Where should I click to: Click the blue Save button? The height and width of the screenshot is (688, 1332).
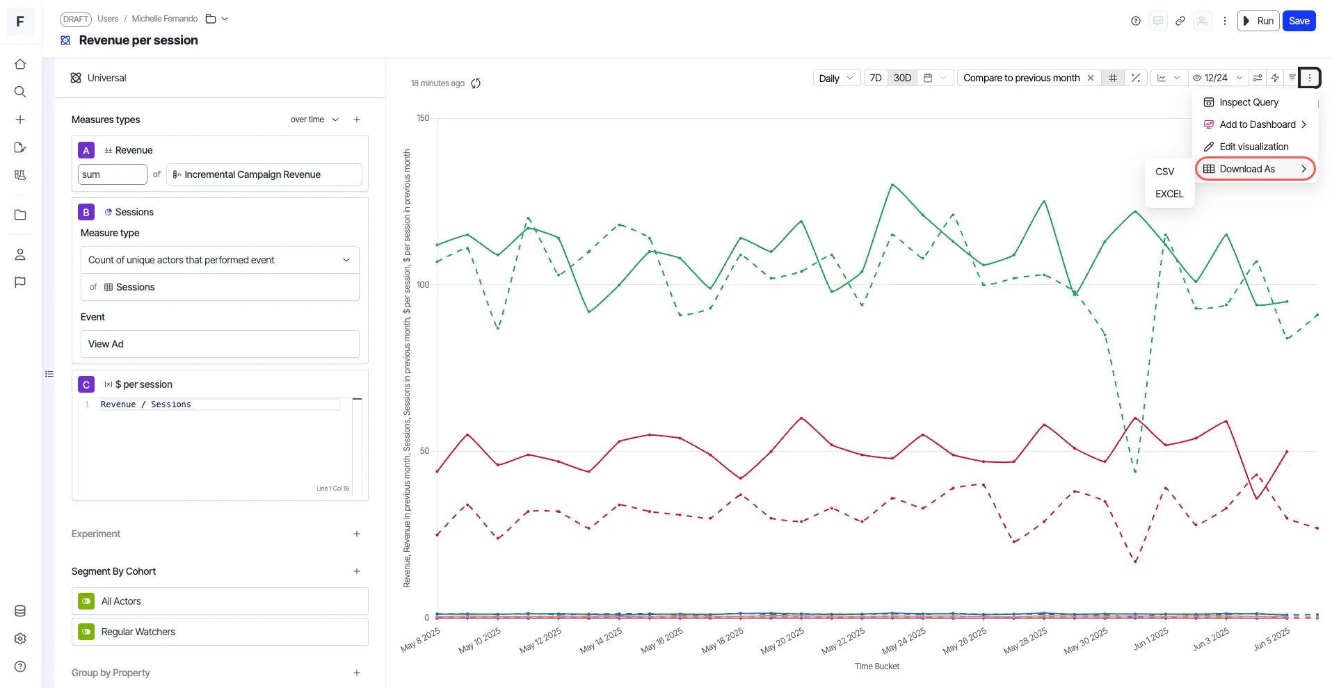(1299, 21)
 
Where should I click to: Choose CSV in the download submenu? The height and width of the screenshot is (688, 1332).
(1164, 172)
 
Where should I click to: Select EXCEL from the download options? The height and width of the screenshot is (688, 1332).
(1169, 194)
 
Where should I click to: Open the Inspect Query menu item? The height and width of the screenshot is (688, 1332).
(1249, 102)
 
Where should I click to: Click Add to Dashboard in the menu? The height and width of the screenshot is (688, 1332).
(1257, 124)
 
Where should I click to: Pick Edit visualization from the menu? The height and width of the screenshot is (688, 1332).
(1253, 147)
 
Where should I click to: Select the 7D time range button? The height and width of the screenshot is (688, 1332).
(876, 78)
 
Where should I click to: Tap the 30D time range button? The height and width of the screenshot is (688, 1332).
(902, 78)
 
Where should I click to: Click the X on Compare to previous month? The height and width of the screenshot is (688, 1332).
(1091, 78)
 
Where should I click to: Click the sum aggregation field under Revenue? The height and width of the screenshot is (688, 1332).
(112, 174)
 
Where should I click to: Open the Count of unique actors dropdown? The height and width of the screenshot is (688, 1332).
(220, 260)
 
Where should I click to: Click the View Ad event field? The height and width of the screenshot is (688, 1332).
(220, 344)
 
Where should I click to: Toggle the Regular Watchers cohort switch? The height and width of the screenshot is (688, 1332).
(86, 632)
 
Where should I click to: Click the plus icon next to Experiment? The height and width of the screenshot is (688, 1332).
(357, 534)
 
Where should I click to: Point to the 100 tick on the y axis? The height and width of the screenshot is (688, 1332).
(423, 285)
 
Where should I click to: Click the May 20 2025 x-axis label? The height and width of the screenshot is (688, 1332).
(783, 640)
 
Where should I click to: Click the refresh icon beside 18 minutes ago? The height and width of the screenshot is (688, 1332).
(476, 83)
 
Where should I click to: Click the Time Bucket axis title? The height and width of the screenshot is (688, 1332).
(877, 666)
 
